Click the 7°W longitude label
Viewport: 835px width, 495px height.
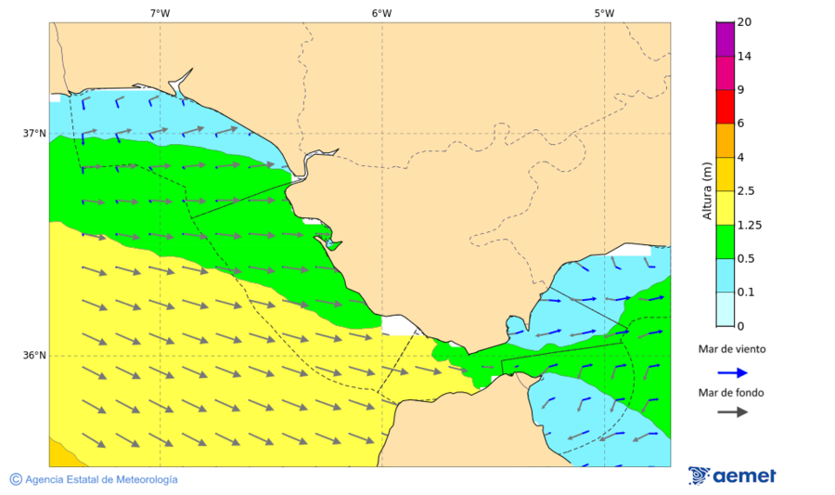[x=160, y=13]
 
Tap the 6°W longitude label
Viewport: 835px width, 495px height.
[x=381, y=13]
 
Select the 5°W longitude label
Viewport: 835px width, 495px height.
[x=604, y=13]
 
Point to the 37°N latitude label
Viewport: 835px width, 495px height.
[x=34, y=133]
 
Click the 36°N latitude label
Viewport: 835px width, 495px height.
[x=34, y=356]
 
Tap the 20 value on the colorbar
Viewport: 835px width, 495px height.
[x=744, y=22]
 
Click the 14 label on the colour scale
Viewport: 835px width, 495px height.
[x=744, y=56]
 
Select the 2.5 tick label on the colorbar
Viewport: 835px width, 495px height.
[x=745, y=191]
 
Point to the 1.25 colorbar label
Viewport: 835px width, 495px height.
[x=748, y=225]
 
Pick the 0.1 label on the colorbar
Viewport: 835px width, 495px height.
[x=745, y=292]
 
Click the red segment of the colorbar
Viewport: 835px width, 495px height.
[x=725, y=106]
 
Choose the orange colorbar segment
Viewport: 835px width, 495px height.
[x=725, y=139]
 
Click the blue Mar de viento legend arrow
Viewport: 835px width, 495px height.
[x=732, y=372]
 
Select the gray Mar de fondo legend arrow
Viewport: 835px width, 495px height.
[x=732, y=411]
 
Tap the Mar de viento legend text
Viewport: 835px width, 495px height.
[x=732, y=349]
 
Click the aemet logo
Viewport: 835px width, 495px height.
[x=732, y=475]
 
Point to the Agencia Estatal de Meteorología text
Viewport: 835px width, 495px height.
[x=101, y=479]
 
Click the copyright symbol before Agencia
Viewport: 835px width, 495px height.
[x=16, y=479]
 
